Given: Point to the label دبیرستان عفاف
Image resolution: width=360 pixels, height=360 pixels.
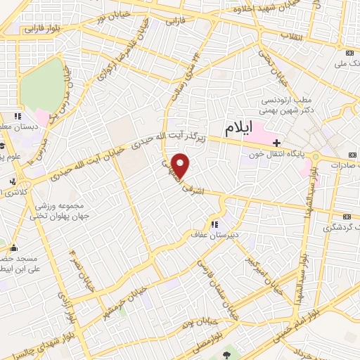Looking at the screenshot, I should coord(214,235).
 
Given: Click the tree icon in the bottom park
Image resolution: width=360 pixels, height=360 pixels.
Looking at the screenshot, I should coord(226,354).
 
